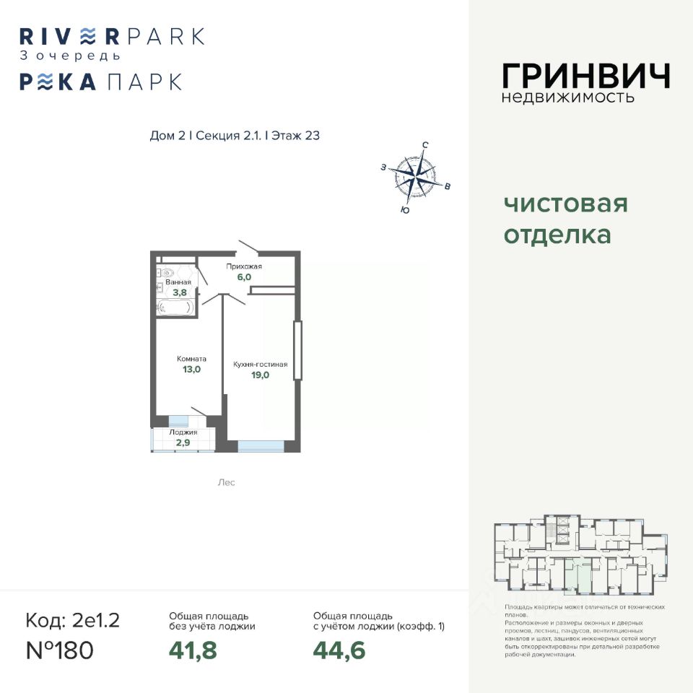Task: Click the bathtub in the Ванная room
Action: coord(174,307)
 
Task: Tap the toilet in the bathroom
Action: coord(166,273)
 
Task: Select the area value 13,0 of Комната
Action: coord(191,369)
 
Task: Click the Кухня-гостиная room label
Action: coord(260,364)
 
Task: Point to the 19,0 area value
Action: coord(260,375)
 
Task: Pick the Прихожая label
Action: coord(243,266)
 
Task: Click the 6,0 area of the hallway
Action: coord(243,277)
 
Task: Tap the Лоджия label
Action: coord(183,432)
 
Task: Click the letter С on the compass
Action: coord(425,145)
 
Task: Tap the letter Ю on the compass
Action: coord(404,210)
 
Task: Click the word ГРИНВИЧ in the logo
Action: coord(585,76)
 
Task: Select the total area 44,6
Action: coord(339,650)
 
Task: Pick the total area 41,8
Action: coord(193,650)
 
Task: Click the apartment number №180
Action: coord(60,650)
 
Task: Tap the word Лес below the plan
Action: coord(226,482)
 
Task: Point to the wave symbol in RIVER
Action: coord(86,35)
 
